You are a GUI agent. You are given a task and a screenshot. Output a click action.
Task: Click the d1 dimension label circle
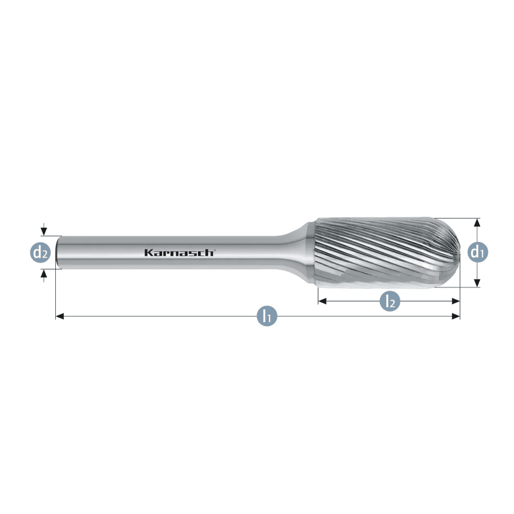477,252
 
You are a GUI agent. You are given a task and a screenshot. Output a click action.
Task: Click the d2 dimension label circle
40,253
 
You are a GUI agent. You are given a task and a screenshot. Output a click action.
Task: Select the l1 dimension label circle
267,316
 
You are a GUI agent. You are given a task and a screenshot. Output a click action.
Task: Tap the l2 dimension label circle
390,301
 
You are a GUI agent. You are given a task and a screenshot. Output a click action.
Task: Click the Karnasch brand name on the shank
179,253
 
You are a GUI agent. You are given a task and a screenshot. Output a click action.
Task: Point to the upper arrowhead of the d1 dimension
477,222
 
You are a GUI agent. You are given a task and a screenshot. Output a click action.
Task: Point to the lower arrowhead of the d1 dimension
477,283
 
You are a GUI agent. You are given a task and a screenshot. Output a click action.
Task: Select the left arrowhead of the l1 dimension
60,316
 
